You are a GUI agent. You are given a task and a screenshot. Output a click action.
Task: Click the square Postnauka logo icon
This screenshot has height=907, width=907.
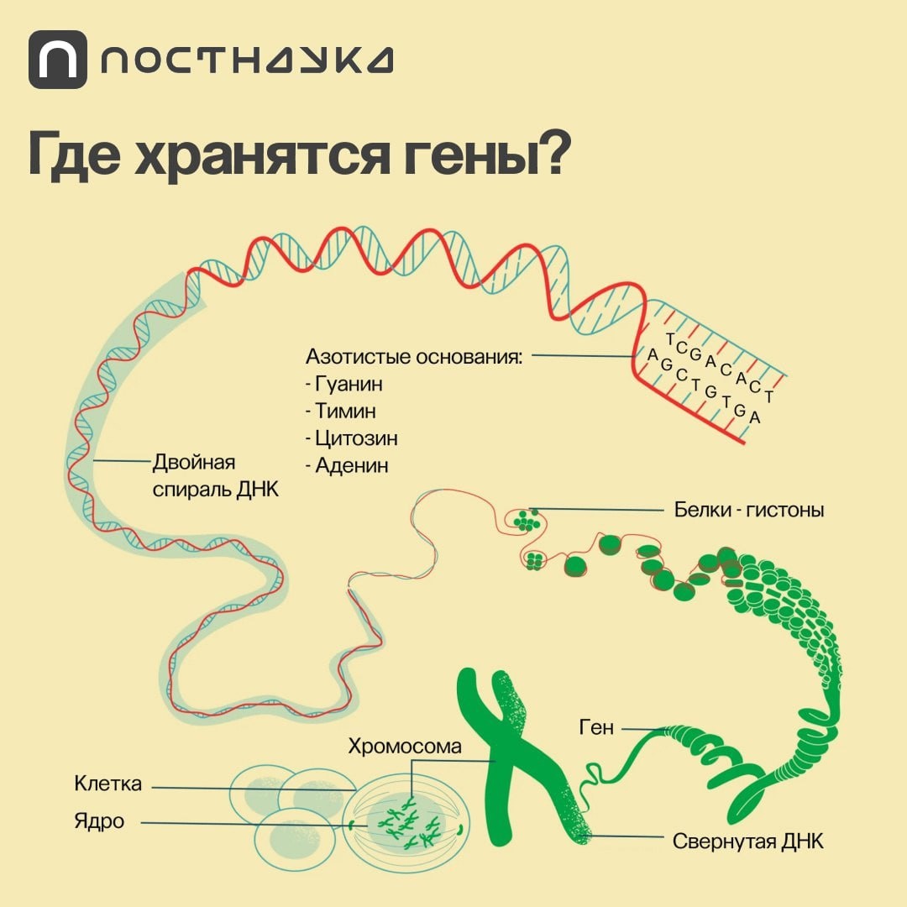click(57, 60)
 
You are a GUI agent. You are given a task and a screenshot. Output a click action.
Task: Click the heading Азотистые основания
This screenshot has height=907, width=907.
click(413, 356)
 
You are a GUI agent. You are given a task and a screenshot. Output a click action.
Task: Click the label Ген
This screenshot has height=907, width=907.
click(596, 728)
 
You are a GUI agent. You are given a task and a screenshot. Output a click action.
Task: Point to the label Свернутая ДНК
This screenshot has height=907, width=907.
click(748, 841)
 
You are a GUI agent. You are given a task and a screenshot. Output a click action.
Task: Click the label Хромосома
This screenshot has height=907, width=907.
click(405, 746)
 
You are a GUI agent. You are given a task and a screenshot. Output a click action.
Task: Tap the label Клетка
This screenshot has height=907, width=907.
click(107, 784)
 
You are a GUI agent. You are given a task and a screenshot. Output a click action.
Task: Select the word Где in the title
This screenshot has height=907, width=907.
click(71, 154)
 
